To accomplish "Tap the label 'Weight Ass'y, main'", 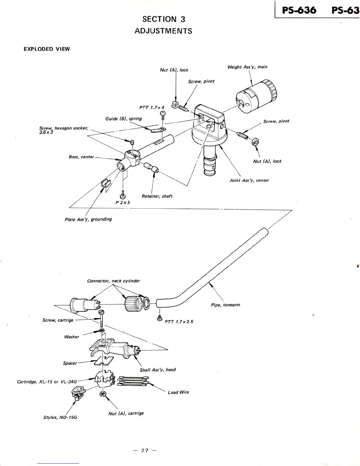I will [x=247, y=67].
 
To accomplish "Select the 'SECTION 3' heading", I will [x=164, y=19].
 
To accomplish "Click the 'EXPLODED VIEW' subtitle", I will [x=46, y=49].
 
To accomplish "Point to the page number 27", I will [x=144, y=450].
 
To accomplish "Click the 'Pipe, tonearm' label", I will [x=225, y=305].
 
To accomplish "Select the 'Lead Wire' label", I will [x=178, y=392].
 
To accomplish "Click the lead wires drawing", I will [x=133, y=381].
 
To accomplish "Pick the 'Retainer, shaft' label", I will [x=157, y=196].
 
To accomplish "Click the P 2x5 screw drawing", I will [x=123, y=195].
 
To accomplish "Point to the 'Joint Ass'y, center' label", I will [x=249, y=180].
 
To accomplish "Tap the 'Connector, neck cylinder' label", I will [x=114, y=281].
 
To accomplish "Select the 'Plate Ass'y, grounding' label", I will [x=88, y=219].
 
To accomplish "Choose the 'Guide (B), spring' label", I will [x=123, y=119].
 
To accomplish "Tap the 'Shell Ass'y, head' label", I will [x=158, y=370].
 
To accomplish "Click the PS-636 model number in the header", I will [x=299, y=11].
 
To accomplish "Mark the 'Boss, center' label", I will [x=81, y=157].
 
